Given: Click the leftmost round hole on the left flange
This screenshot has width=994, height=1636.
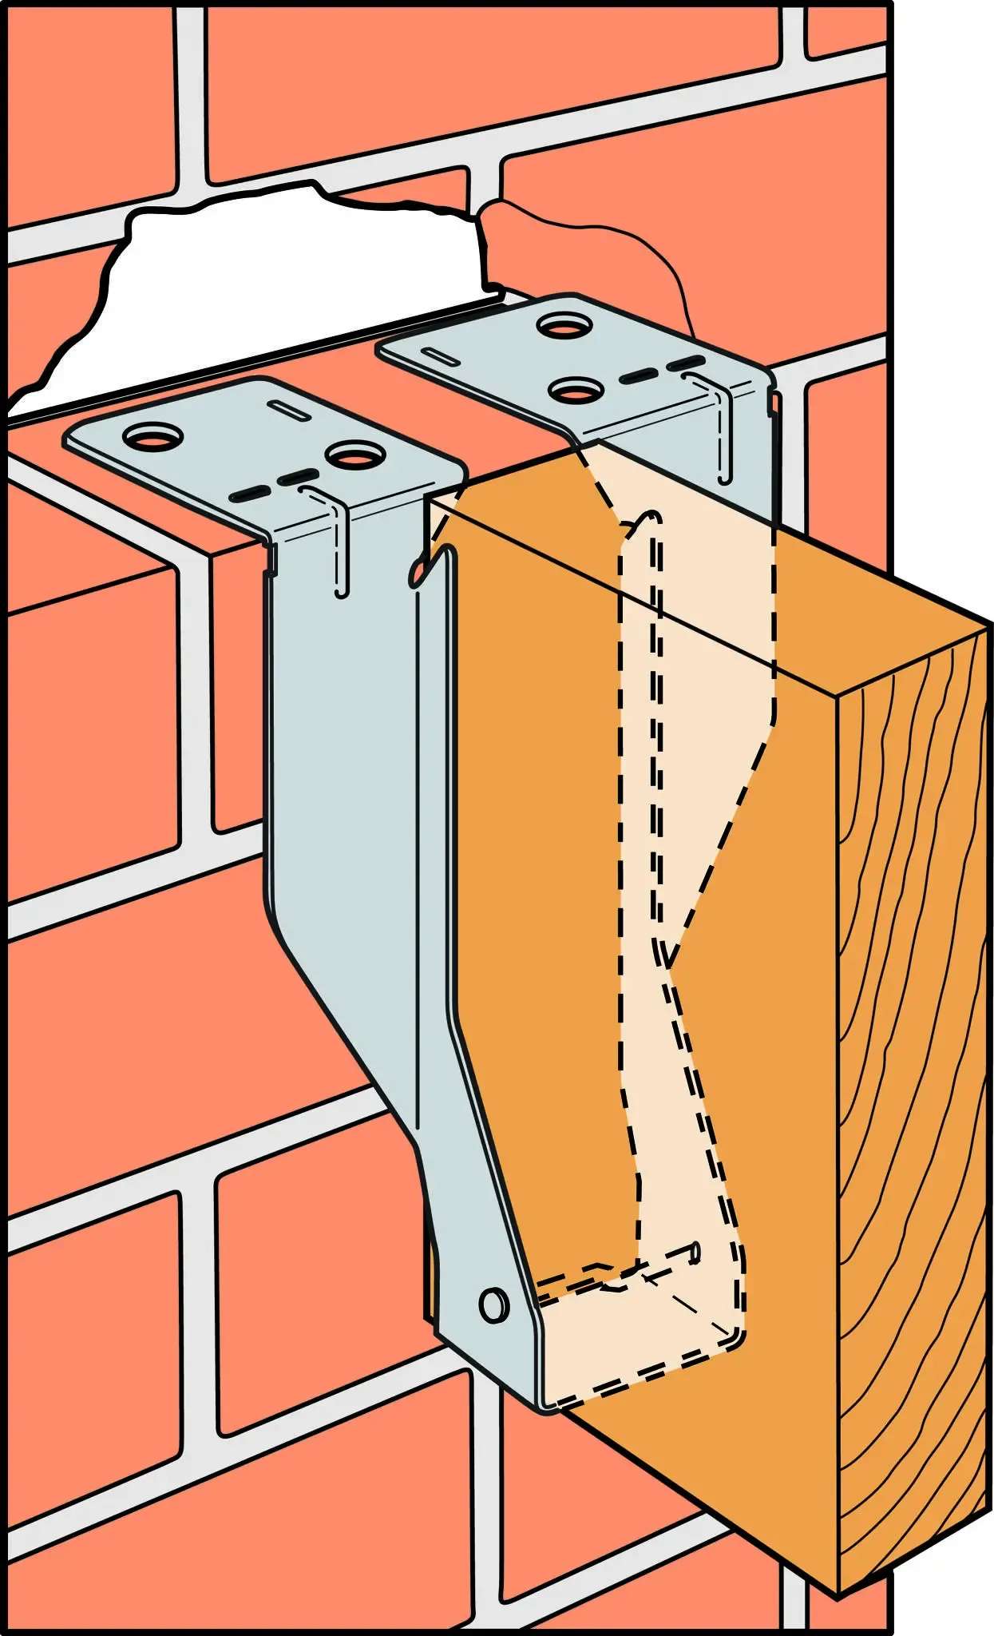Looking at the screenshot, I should click(153, 437).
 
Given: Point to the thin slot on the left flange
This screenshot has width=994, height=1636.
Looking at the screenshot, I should click(291, 409).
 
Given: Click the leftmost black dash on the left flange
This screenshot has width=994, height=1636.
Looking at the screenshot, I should click(248, 494).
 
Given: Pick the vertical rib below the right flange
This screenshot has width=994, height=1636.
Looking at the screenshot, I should click(724, 431).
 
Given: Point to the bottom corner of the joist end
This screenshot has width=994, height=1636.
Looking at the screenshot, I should click(838, 1594).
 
